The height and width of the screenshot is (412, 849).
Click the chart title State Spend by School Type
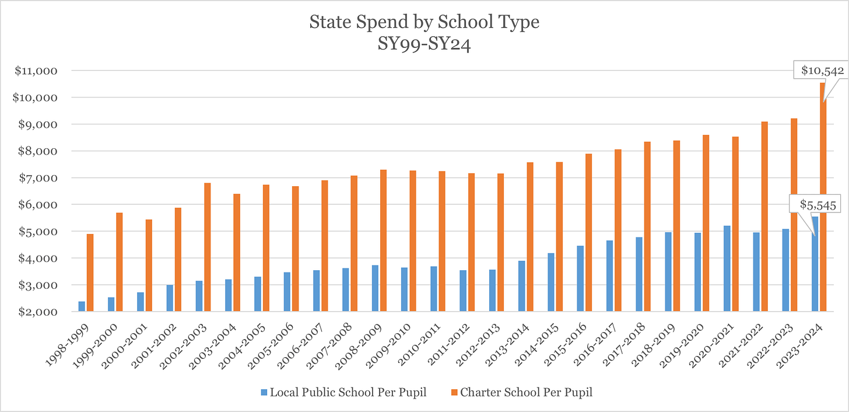tap(424, 22)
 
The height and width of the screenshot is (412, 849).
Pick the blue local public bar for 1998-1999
tap(82, 306)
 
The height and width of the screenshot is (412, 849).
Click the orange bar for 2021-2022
tap(764, 217)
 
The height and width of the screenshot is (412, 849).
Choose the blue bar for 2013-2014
tap(521, 286)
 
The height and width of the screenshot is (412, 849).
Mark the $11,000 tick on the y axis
tap(36, 71)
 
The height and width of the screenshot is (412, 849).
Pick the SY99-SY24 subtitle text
tap(424, 43)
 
